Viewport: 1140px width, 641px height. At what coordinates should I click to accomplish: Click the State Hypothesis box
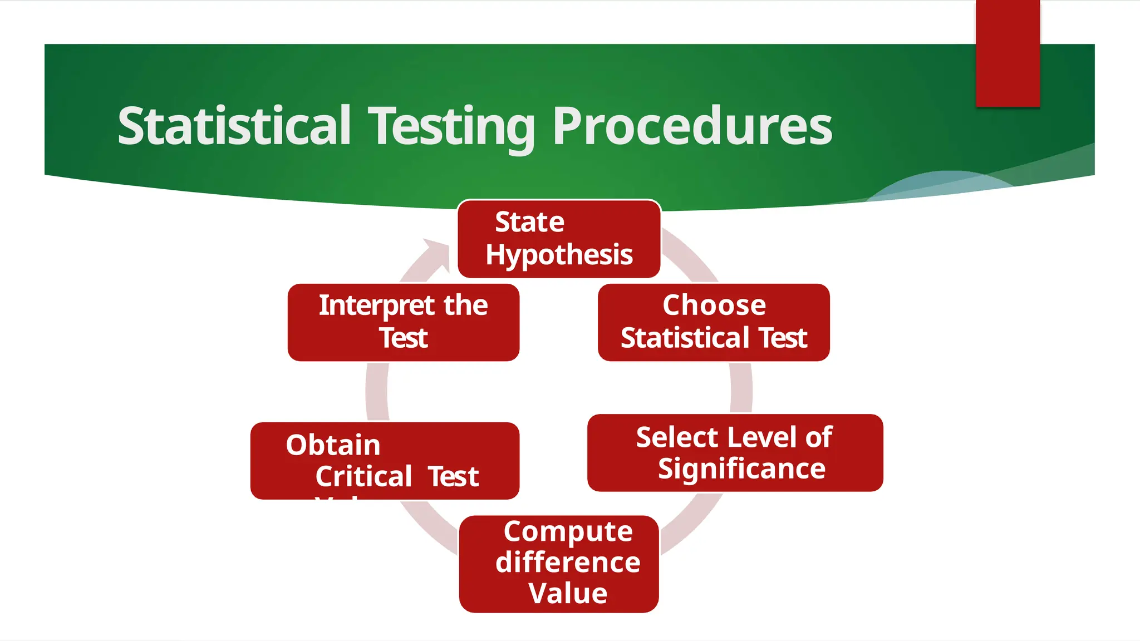click(559, 239)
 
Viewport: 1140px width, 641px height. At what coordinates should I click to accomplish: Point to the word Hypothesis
click(559, 255)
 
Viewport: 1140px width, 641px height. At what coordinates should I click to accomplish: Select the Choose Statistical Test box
click(714, 322)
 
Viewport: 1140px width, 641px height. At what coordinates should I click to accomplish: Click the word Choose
click(714, 305)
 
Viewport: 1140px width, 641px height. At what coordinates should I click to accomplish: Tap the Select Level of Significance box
click(735, 452)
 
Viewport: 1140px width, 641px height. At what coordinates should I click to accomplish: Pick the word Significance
click(741, 469)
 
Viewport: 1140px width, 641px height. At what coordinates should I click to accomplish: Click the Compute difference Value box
click(559, 564)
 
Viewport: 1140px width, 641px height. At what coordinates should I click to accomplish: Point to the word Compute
click(568, 531)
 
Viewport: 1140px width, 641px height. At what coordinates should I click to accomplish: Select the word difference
click(568, 562)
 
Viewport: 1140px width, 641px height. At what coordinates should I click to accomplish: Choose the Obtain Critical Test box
click(385, 461)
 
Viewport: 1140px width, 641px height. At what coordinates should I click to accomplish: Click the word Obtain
click(333, 445)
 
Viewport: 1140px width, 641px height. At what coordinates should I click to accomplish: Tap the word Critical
click(363, 477)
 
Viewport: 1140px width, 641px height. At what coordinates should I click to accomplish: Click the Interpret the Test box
click(403, 322)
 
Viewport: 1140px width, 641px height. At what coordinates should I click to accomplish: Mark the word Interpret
click(376, 305)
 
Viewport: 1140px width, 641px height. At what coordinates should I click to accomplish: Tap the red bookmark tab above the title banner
click(1008, 53)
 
